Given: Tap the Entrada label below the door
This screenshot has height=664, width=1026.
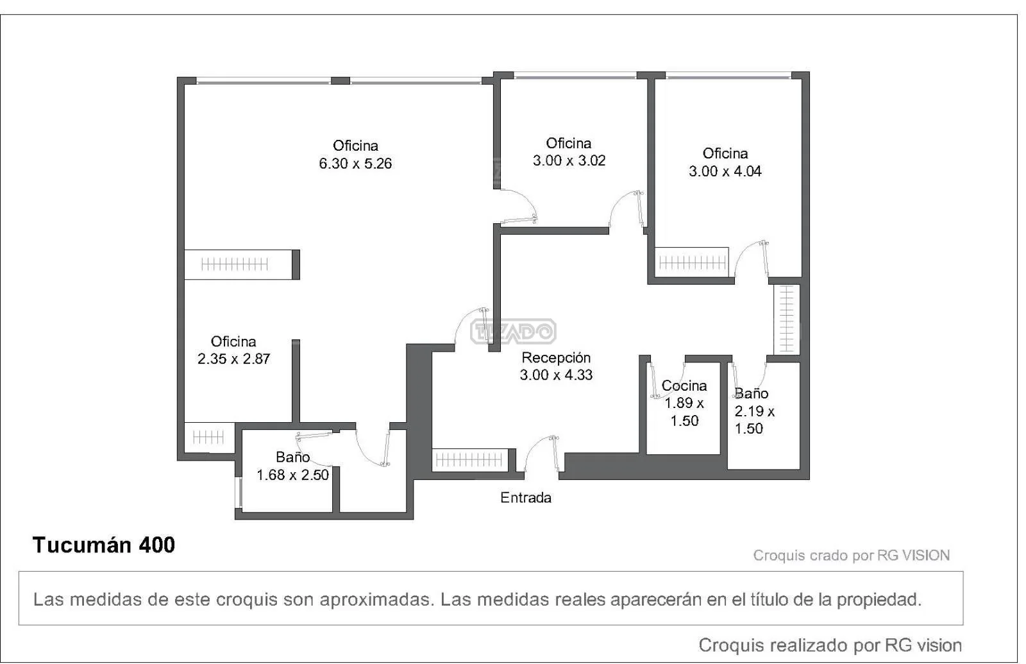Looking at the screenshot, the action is coord(525,498).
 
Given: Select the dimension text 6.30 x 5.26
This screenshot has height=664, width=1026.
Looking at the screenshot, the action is coord(355,164).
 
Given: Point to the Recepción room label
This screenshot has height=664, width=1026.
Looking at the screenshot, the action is coord(556,358).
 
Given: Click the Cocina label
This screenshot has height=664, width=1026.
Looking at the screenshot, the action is coord(684,386).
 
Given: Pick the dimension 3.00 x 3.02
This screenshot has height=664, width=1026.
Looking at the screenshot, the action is coord(569,161).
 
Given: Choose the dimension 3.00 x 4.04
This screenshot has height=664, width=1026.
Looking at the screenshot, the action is coord(725,171).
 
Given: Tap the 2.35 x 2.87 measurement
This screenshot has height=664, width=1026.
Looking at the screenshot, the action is coord(233,359).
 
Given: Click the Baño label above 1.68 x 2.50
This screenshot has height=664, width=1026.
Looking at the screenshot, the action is coord(292,457).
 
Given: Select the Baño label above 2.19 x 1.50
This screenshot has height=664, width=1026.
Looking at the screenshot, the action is coord(752,394).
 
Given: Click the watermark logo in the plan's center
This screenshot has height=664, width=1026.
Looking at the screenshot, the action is coord(514,331).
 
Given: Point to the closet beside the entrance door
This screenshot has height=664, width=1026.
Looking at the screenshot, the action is coord(471,459).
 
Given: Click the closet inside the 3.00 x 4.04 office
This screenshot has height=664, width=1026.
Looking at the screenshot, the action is coord(692,262).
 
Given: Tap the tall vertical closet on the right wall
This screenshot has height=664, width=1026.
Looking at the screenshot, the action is coord(786,319).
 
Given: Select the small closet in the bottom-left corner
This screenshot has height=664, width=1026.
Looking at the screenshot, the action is coord(209,437).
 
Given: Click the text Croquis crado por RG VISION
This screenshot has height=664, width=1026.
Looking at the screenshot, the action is coord(852,556).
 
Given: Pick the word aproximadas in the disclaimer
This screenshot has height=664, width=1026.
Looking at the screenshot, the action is coord(376,600).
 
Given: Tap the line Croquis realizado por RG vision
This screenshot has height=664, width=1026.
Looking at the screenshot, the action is coord(830,645).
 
